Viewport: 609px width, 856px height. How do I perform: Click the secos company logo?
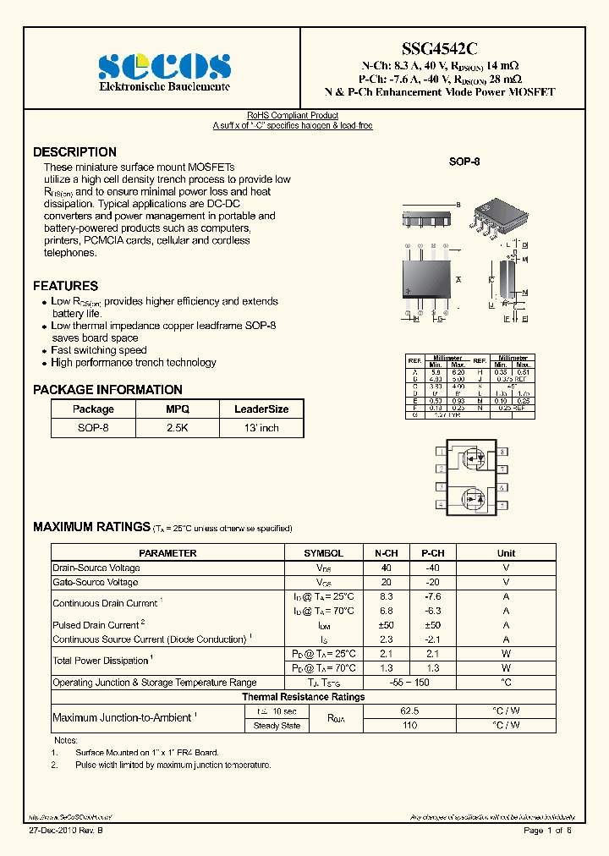[164, 66]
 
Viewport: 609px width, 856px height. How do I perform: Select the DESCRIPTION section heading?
[74, 152]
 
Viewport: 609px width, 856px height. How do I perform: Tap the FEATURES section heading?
[65, 286]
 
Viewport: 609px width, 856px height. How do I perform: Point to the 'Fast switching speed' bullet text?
[98, 350]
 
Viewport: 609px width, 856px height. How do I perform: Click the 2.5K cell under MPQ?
[178, 428]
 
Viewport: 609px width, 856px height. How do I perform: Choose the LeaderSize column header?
[261, 409]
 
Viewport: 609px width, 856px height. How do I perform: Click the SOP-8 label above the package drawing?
[464, 161]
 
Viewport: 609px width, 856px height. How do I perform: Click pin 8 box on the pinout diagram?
[502, 453]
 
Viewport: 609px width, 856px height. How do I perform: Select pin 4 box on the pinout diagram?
[441, 505]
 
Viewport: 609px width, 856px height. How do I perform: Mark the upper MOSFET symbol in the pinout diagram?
[470, 460]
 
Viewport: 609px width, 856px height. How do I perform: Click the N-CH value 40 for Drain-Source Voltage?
[387, 568]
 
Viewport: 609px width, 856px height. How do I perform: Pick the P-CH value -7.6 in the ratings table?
[432, 596]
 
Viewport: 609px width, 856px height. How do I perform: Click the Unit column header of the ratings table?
[506, 553]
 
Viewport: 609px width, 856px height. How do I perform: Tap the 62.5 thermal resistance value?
[409, 711]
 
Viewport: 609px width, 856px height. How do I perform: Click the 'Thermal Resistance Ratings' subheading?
[304, 697]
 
